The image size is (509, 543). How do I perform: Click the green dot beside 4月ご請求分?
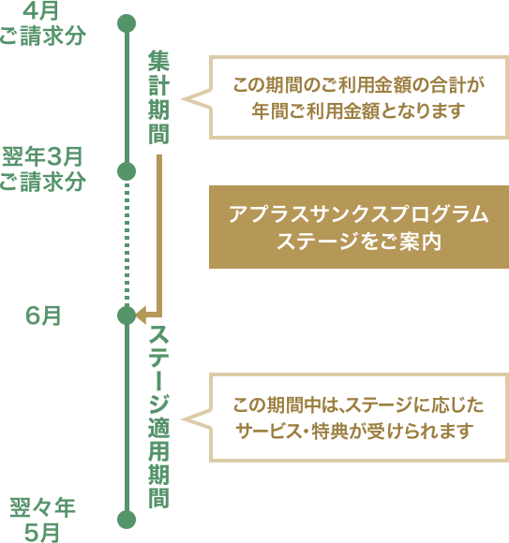pos(127,23)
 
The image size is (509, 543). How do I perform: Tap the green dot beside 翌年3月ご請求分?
pos(127,171)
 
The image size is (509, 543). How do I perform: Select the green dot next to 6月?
pos(127,316)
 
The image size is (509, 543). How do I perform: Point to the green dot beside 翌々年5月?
pos(127,520)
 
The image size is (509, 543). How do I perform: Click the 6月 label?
pos(43,316)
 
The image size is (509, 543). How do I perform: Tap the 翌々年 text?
pos(42,507)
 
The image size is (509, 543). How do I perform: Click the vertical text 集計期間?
pos(158,97)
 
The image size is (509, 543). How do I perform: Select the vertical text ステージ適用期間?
pos(158,417)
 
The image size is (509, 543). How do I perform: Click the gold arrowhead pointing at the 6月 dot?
pos(142,316)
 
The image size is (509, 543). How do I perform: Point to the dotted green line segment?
pos(127,243)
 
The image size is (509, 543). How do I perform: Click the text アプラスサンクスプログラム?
pos(358,214)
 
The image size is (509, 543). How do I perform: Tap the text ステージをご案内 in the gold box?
pos(358,242)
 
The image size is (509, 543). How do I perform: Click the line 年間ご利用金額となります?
pos(358,110)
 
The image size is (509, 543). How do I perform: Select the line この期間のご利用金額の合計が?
pos(358,85)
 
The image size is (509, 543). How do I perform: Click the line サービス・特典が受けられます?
pos(354,432)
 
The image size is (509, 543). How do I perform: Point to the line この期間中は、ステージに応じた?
pos(358,404)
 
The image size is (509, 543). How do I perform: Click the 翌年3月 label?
pos(42,157)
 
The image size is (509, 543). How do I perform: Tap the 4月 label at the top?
pos(40,11)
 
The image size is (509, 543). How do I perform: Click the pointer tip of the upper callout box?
pos(183,99)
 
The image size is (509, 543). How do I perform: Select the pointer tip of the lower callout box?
pos(183,419)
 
